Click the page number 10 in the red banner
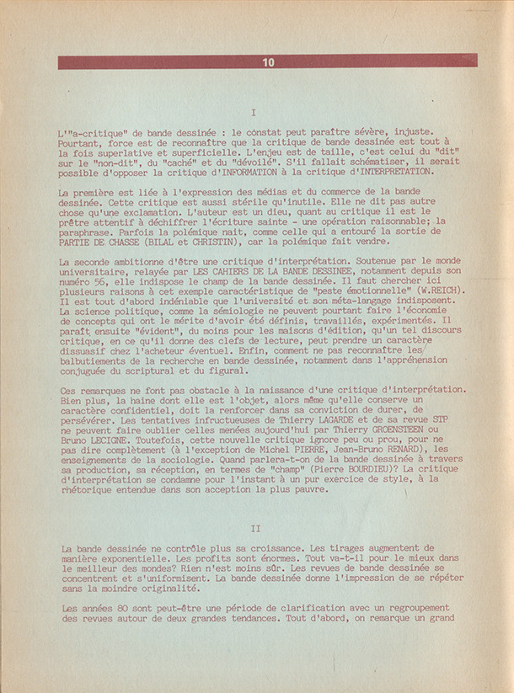pyautogui.click(x=268, y=61)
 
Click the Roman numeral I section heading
pyautogui.click(x=254, y=112)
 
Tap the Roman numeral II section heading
pyautogui.click(x=256, y=528)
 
